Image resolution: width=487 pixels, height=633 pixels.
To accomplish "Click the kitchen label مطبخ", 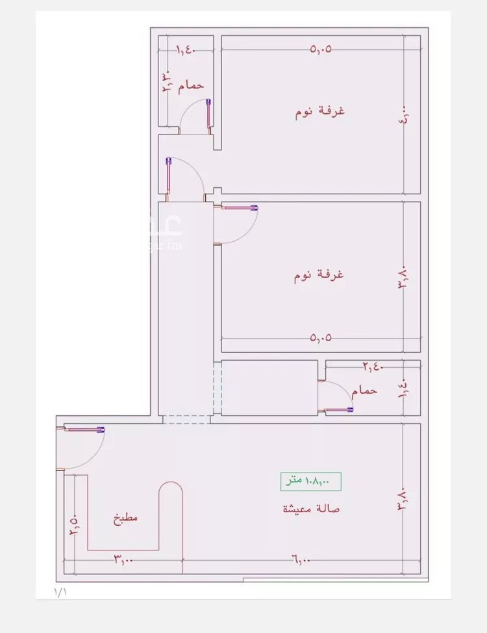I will (x=125, y=519).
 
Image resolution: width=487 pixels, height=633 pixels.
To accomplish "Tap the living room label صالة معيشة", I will (x=311, y=508).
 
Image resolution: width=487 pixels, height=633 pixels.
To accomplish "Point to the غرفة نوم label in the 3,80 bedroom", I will (x=318, y=275).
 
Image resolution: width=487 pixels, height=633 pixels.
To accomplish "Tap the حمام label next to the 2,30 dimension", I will (x=191, y=85).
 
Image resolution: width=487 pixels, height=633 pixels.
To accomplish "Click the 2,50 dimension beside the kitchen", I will (x=73, y=523).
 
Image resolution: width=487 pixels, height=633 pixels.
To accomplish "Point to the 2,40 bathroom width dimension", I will (x=372, y=367).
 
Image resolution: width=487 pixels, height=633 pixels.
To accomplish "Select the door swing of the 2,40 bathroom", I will (x=335, y=395).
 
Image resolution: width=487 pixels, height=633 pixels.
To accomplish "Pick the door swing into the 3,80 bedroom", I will (x=238, y=225).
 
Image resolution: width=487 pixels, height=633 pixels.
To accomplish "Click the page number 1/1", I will (x=60, y=592).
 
